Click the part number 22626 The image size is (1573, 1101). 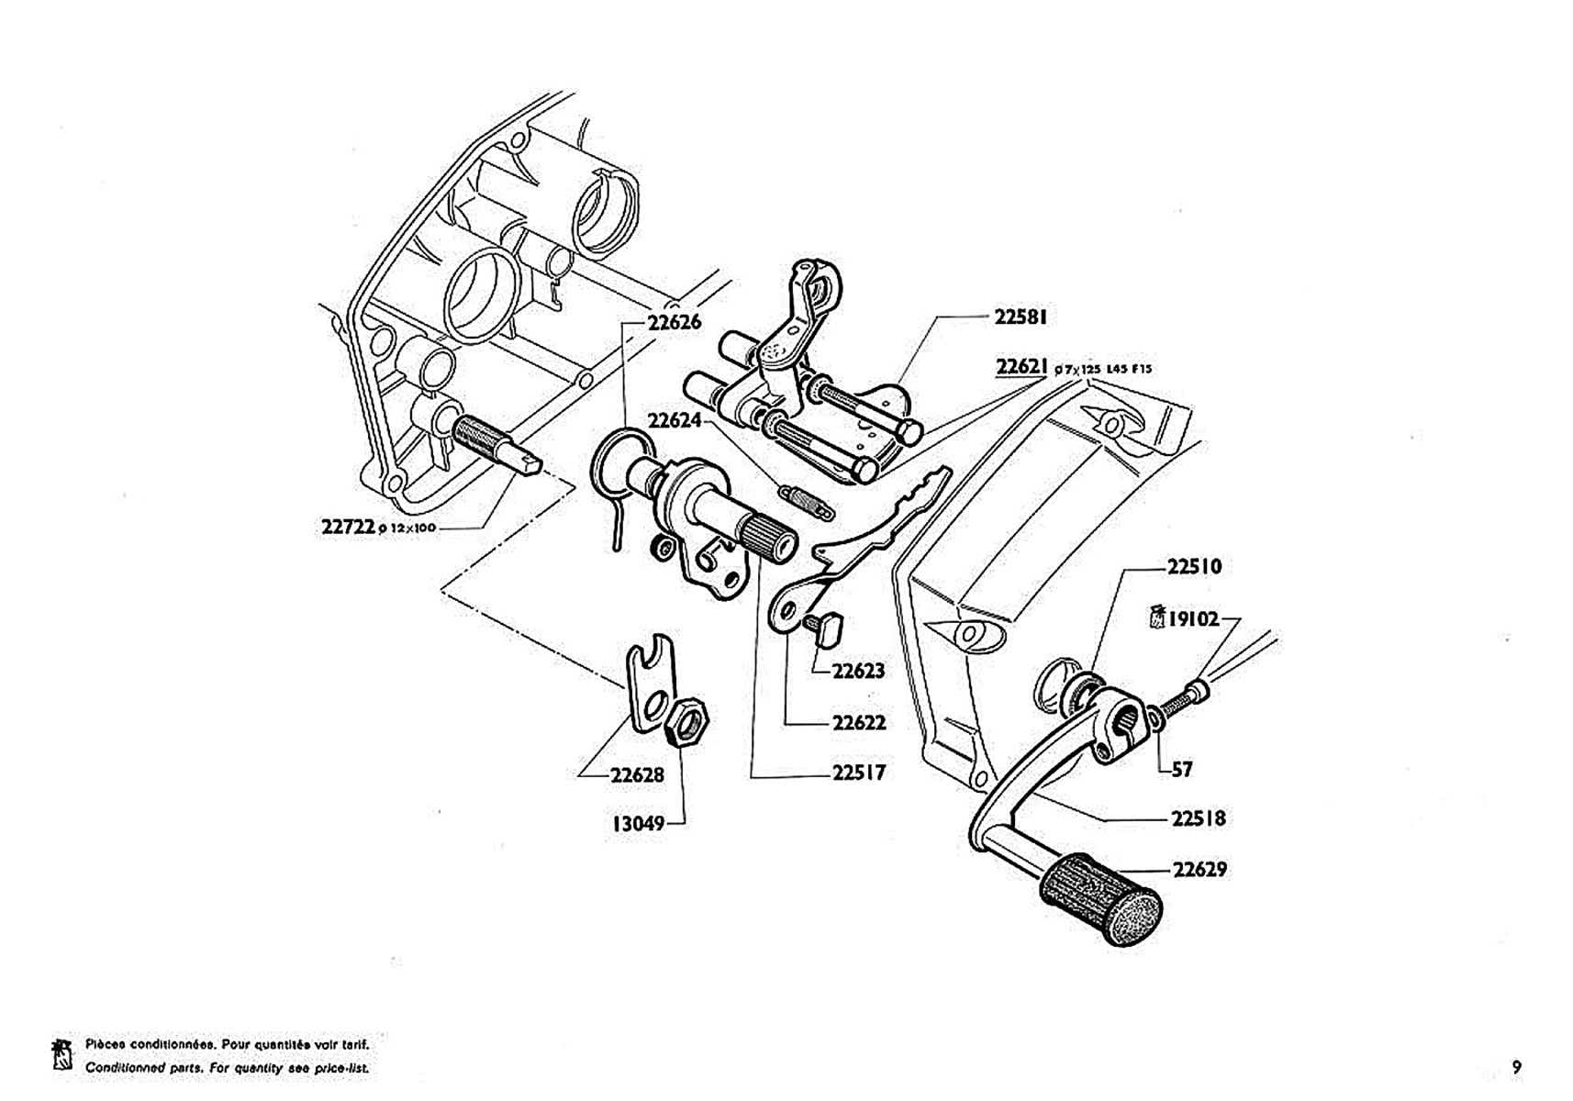pos(674,322)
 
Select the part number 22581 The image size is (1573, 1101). pos(1021,317)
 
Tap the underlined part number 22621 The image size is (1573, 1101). pos(1021,367)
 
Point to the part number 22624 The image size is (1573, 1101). pos(675,421)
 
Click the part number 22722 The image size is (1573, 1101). pos(348,527)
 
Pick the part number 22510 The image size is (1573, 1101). pos(1194,567)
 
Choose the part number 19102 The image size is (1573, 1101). pos(1193,619)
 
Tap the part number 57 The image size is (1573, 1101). pos(1182,770)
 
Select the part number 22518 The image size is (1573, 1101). pos(1198,817)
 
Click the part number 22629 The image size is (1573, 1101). pos(1199,869)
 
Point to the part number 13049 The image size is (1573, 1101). pos(638,823)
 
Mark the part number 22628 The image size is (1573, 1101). pos(637,775)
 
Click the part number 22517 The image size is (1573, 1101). pos(859,773)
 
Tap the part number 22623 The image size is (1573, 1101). pos(858,671)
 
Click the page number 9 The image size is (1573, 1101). pos(1516,1067)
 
